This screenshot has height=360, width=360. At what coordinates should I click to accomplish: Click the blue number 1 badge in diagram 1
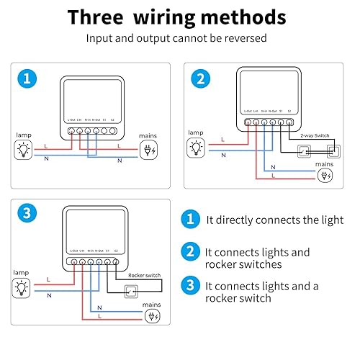pos(26,78)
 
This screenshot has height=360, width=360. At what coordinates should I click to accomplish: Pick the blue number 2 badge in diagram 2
pos(202,78)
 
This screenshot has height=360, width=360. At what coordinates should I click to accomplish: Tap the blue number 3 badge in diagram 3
pos(26,214)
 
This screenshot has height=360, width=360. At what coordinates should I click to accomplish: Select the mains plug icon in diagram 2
pos(326,175)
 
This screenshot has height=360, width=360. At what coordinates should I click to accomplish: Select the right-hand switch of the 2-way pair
pos(333,152)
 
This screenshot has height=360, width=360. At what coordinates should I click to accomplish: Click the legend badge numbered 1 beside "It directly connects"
pos(190,219)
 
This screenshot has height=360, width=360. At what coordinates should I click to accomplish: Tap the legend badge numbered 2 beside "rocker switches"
pos(190,252)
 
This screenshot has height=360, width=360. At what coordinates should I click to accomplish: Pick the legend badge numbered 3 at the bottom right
pos(190,285)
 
